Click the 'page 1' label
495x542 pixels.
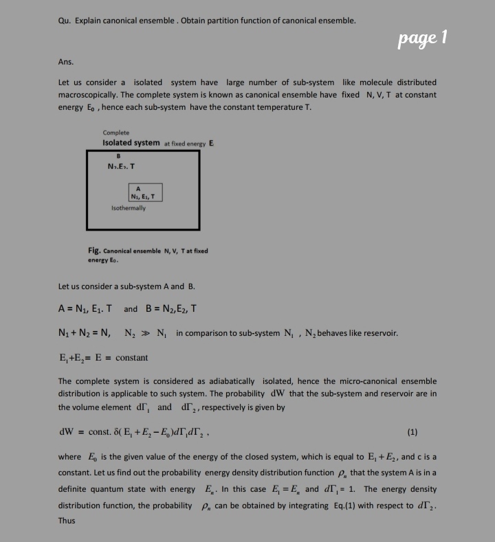click(x=423, y=38)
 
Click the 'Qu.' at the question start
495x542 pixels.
click(x=65, y=20)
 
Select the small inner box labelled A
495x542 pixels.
click(x=145, y=192)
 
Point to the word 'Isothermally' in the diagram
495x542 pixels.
click(x=129, y=207)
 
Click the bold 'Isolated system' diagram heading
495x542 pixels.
click(x=131, y=142)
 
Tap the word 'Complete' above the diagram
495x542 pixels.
click(x=115, y=132)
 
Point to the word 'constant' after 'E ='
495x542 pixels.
click(x=131, y=358)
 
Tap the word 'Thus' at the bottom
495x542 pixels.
click(x=67, y=521)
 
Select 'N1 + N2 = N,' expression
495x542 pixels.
click(x=85, y=334)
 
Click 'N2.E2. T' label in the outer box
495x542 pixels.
click(x=122, y=166)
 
